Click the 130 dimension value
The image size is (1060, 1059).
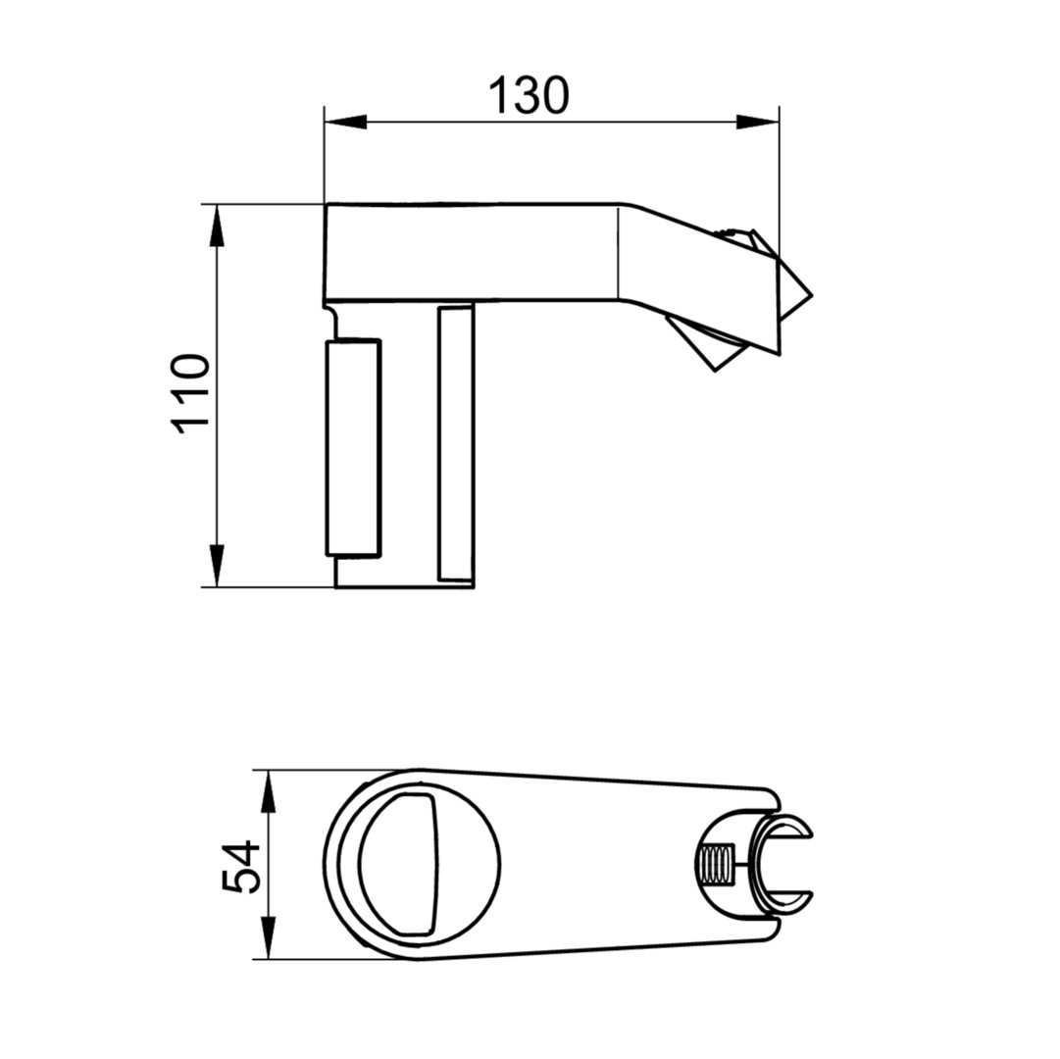529,95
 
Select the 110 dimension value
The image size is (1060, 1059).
190,394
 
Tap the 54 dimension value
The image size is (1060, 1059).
241,866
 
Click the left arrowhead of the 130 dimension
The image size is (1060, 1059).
345,123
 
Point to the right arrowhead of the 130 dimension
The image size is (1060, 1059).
758,123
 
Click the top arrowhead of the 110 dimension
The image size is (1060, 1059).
217,225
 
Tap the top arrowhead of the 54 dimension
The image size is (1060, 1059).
269,790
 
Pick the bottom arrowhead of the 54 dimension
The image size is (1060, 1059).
269,937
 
